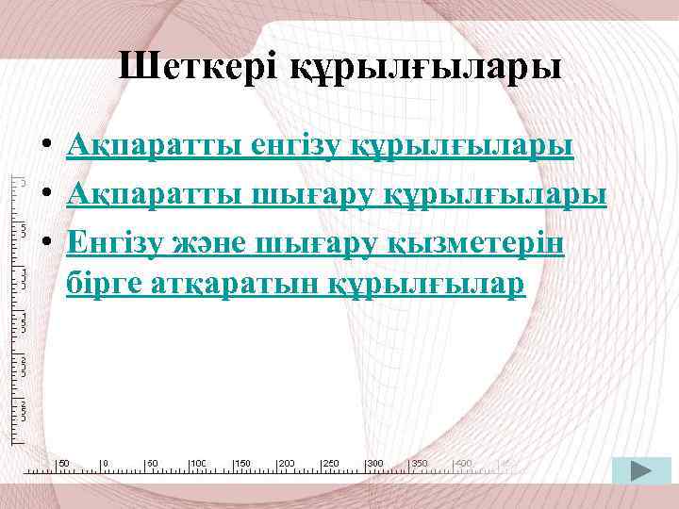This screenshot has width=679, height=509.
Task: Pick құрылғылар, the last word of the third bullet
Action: tap(426, 285)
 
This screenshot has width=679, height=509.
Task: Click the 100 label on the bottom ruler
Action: tap(199, 464)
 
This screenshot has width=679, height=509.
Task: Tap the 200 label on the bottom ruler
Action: tap(287, 464)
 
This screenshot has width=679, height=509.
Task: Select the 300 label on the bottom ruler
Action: tap(375, 464)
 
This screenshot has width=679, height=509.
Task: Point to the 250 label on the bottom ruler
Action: tap(331, 464)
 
